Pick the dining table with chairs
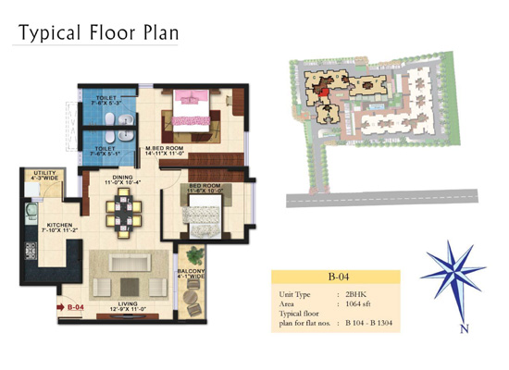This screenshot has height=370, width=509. [x=122, y=214]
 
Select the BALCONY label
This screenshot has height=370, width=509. [x=192, y=274]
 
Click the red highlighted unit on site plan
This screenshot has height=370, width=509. [x=324, y=91]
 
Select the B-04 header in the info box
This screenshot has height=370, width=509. [x=336, y=277]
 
